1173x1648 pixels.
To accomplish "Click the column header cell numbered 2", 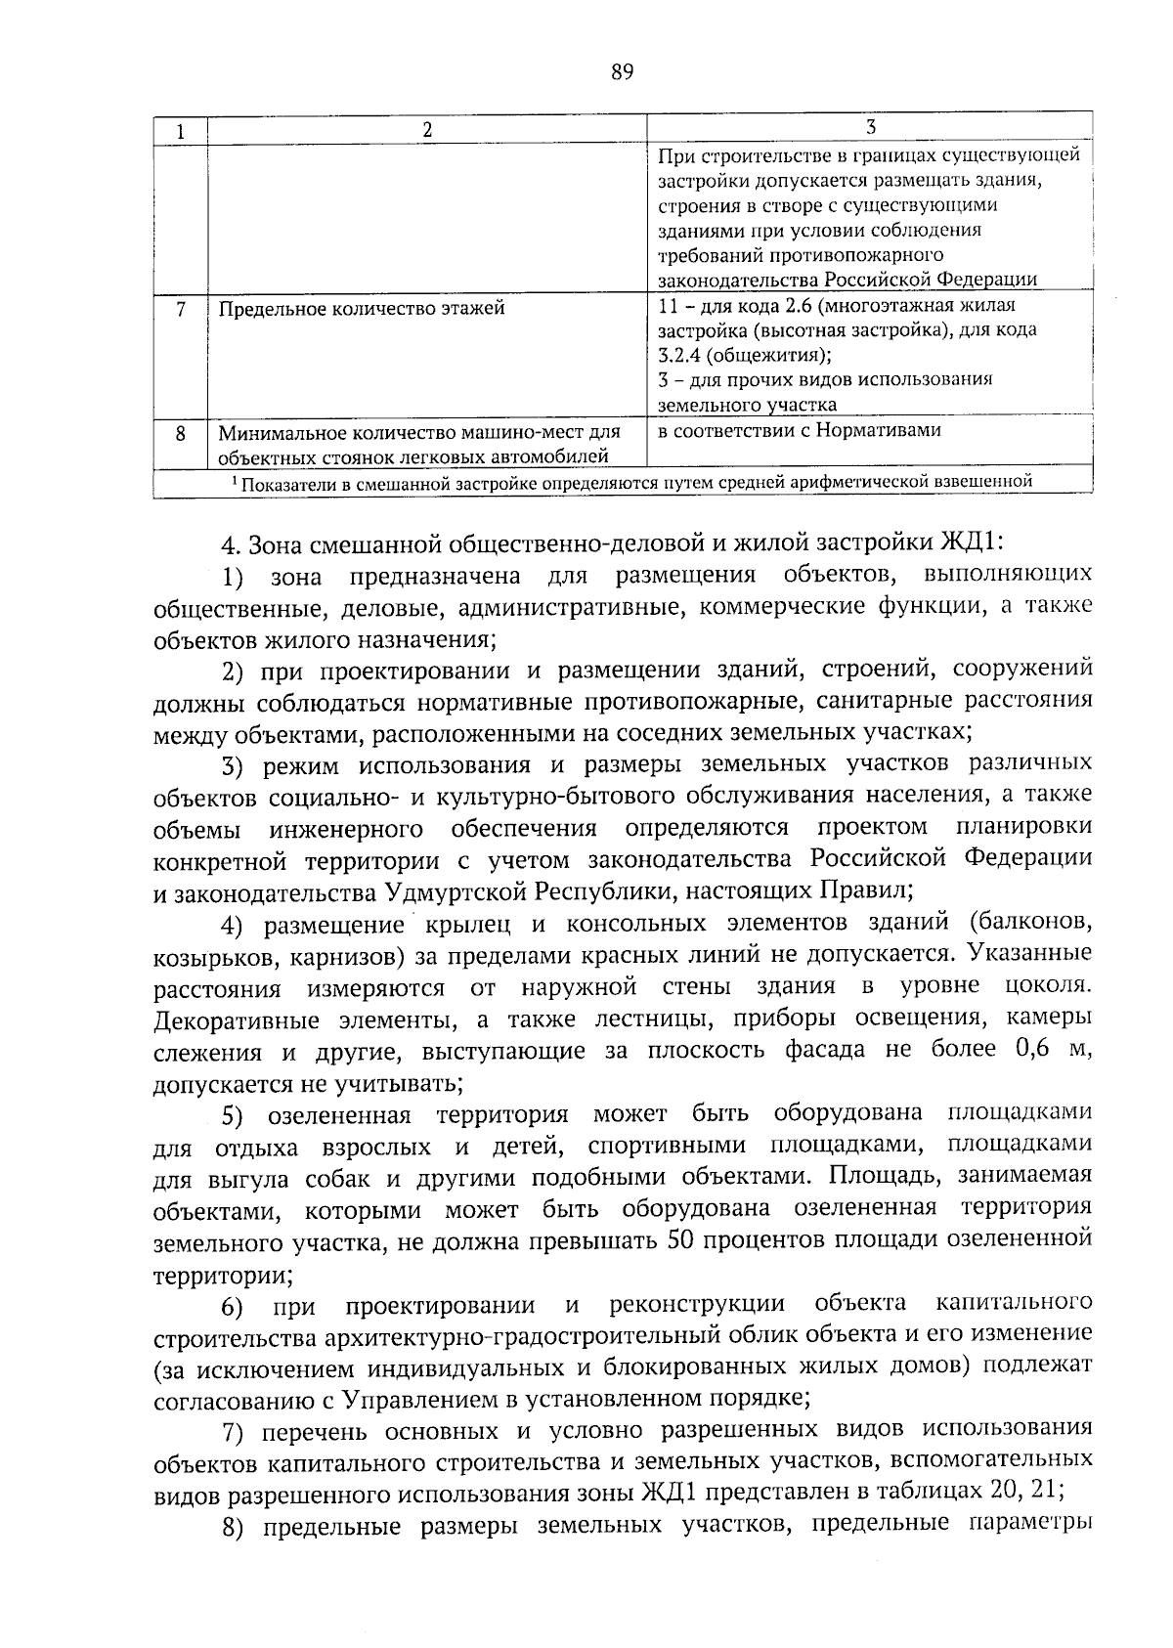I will [427, 131].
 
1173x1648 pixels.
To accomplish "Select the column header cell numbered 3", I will [870, 127].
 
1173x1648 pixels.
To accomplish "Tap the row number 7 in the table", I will [181, 310].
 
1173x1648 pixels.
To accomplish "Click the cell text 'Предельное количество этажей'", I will [362, 310].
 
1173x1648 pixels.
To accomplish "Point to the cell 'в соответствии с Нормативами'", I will [800, 430].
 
